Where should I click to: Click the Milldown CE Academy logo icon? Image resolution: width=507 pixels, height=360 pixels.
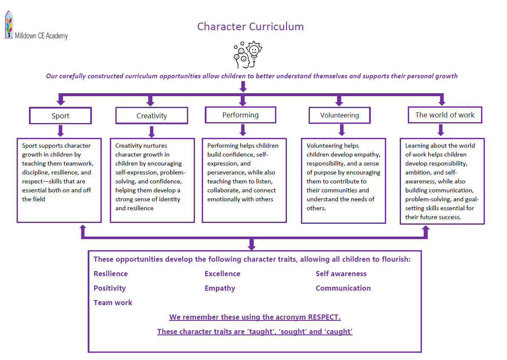pyautogui.click(x=9, y=25)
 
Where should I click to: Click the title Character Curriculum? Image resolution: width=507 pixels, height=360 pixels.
pyautogui.click(x=250, y=26)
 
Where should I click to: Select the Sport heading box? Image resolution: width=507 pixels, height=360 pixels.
pyautogui.click(x=60, y=115)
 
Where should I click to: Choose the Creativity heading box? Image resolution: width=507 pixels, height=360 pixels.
pyautogui.click(x=152, y=115)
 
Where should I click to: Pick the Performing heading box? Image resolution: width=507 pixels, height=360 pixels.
pyautogui.click(x=241, y=115)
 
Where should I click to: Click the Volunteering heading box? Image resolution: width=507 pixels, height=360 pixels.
pyautogui.click(x=339, y=115)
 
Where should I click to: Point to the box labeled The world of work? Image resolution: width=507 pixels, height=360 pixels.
pyautogui.click(x=445, y=115)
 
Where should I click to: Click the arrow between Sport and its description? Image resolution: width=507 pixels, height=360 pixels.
pyautogui.click(x=60, y=130)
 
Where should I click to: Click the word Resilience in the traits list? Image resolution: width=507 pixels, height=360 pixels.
pyautogui.click(x=111, y=274)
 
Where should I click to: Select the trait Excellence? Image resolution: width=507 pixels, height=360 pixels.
pyautogui.click(x=222, y=274)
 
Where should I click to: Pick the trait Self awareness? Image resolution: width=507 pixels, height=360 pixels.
pyautogui.click(x=341, y=274)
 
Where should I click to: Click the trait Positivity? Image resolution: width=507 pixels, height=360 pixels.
pyautogui.click(x=110, y=288)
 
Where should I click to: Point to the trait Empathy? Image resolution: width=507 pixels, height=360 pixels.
pyautogui.click(x=220, y=288)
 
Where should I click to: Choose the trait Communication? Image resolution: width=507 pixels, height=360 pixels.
pyautogui.click(x=343, y=288)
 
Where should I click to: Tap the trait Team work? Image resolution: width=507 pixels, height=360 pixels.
pyautogui.click(x=113, y=303)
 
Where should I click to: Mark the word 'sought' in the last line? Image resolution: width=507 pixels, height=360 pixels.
pyautogui.click(x=291, y=331)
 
